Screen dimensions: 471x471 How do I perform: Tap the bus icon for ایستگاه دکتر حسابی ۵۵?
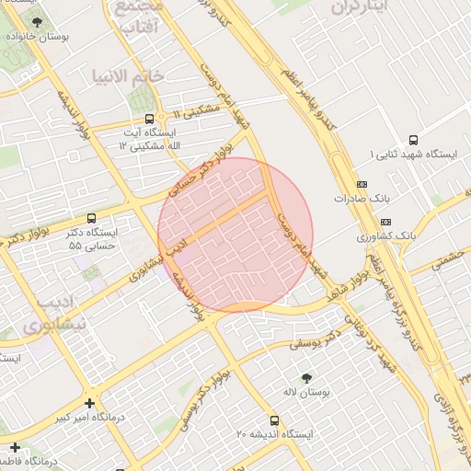(91, 219)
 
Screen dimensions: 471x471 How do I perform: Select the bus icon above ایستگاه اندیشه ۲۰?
(273, 417)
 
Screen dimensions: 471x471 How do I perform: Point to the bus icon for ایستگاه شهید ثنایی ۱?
(413, 141)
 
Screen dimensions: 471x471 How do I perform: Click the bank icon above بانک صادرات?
(362, 183)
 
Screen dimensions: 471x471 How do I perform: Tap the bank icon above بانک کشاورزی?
(385, 222)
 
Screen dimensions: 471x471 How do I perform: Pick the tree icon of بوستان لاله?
(306, 377)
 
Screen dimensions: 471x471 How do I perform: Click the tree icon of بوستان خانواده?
(37, 22)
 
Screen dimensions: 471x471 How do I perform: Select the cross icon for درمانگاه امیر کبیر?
(89, 403)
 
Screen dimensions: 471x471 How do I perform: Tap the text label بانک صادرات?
(358, 198)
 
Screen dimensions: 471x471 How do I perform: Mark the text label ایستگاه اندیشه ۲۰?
(274, 433)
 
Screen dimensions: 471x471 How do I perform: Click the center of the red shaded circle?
(235, 235)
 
